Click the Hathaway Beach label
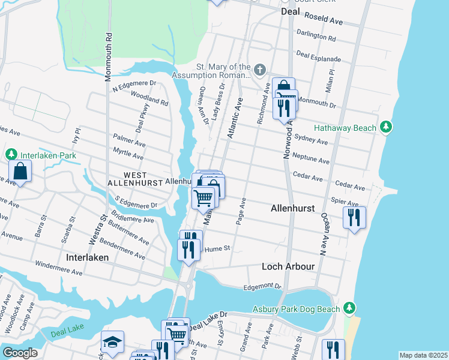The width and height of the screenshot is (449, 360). (345, 128)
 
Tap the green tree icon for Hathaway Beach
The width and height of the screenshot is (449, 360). (387, 127)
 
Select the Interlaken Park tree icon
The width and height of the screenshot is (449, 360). (11, 155)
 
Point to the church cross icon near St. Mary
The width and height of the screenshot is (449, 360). (259, 70)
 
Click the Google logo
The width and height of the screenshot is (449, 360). (20, 353)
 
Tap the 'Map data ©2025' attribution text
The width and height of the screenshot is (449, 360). (423, 355)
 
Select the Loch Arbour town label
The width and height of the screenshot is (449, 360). (288, 266)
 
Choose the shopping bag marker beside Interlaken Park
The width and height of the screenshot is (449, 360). (20, 172)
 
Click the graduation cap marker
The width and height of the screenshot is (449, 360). (112, 342)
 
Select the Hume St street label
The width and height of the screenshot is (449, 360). (218, 248)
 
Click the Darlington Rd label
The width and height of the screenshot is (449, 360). (316, 35)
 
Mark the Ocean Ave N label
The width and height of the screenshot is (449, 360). (322, 238)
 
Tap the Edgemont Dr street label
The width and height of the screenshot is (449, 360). (262, 287)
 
